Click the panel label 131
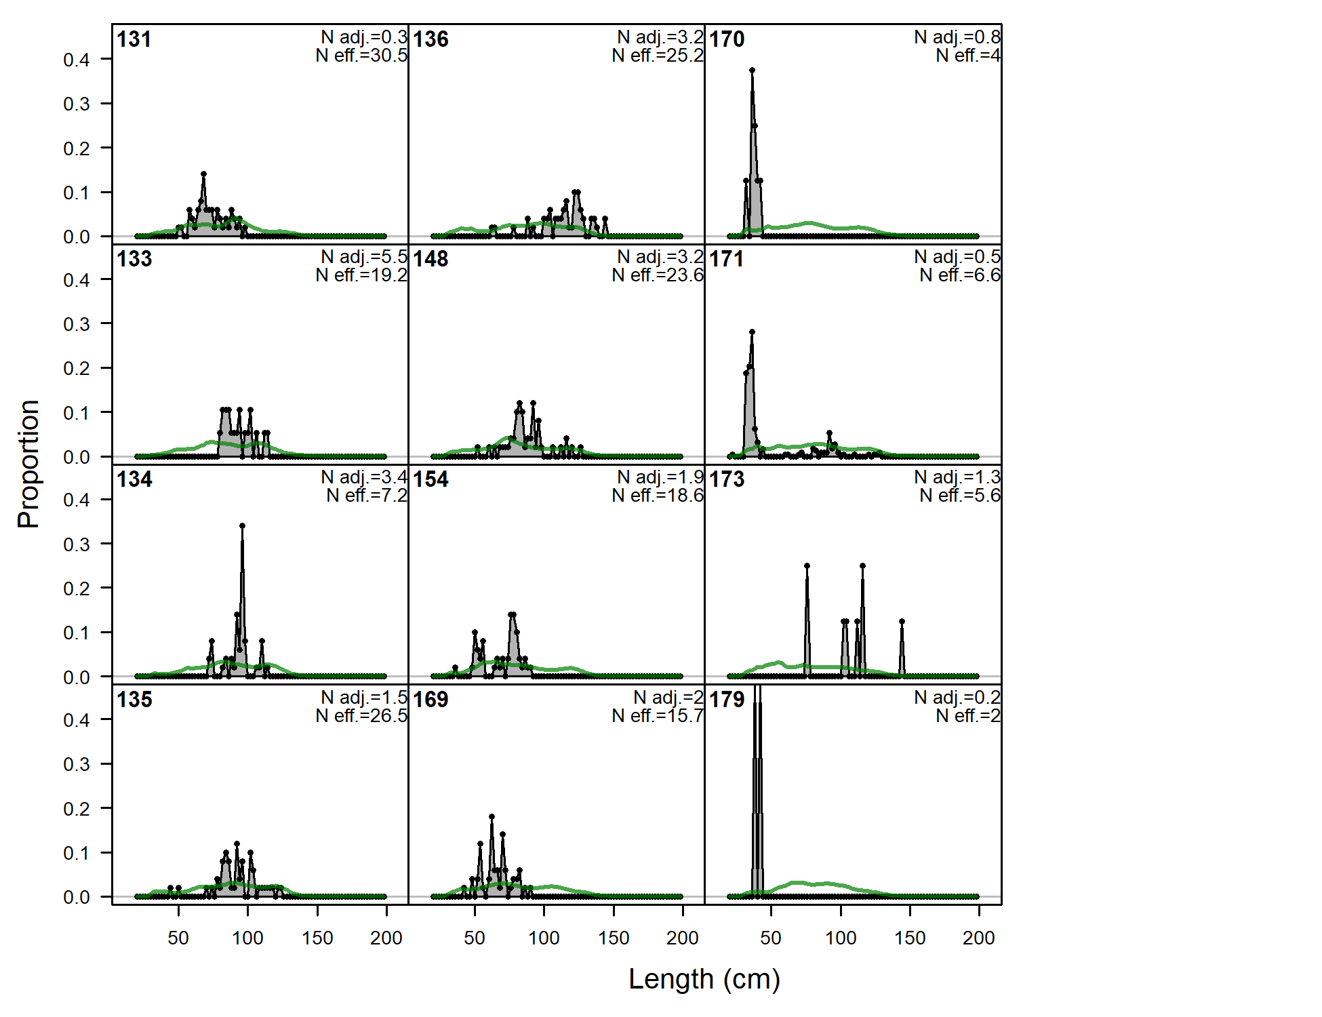click(x=134, y=39)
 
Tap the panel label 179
click(x=727, y=700)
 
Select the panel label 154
click(x=430, y=479)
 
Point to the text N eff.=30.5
click(x=361, y=56)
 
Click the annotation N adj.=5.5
click(x=364, y=257)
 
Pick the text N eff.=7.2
click(x=367, y=496)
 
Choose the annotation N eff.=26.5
click(x=361, y=716)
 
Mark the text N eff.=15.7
click(x=658, y=716)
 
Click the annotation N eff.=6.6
click(x=960, y=275)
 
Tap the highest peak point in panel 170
click(x=753, y=70)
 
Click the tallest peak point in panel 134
click(x=242, y=525)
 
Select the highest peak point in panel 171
click(x=753, y=332)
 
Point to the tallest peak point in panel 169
click(x=492, y=817)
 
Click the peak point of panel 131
click(x=203, y=174)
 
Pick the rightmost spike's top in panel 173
click(x=902, y=621)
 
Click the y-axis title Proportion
click(x=28, y=464)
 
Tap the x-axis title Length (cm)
click(x=704, y=979)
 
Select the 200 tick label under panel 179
click(x=978, y=938)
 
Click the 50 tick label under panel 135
click(x=178, y=938)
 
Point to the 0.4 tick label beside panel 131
click(x=77, y=60)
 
